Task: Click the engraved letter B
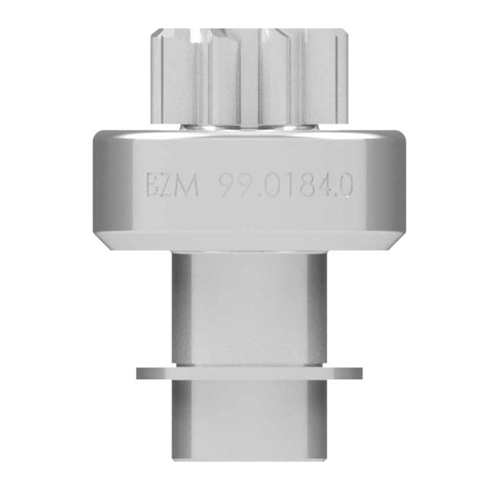(152, 185)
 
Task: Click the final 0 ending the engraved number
(345, 185)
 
